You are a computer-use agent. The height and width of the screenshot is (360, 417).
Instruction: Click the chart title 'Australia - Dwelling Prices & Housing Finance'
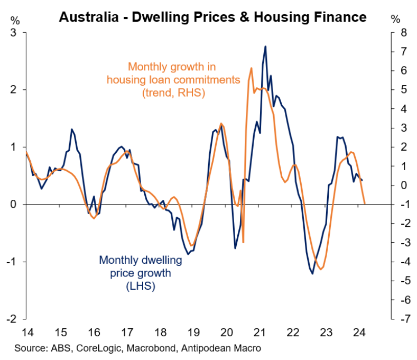click(x=212, y=17)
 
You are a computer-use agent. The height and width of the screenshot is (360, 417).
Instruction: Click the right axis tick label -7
click(x=402, y=319)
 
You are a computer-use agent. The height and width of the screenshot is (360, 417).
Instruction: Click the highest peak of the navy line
click(x=265, y=47)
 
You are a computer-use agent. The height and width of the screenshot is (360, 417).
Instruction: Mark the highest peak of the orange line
click(x=251, y=68)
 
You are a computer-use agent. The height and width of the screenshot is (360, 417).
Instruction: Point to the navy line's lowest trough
click(x=312, y=273)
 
